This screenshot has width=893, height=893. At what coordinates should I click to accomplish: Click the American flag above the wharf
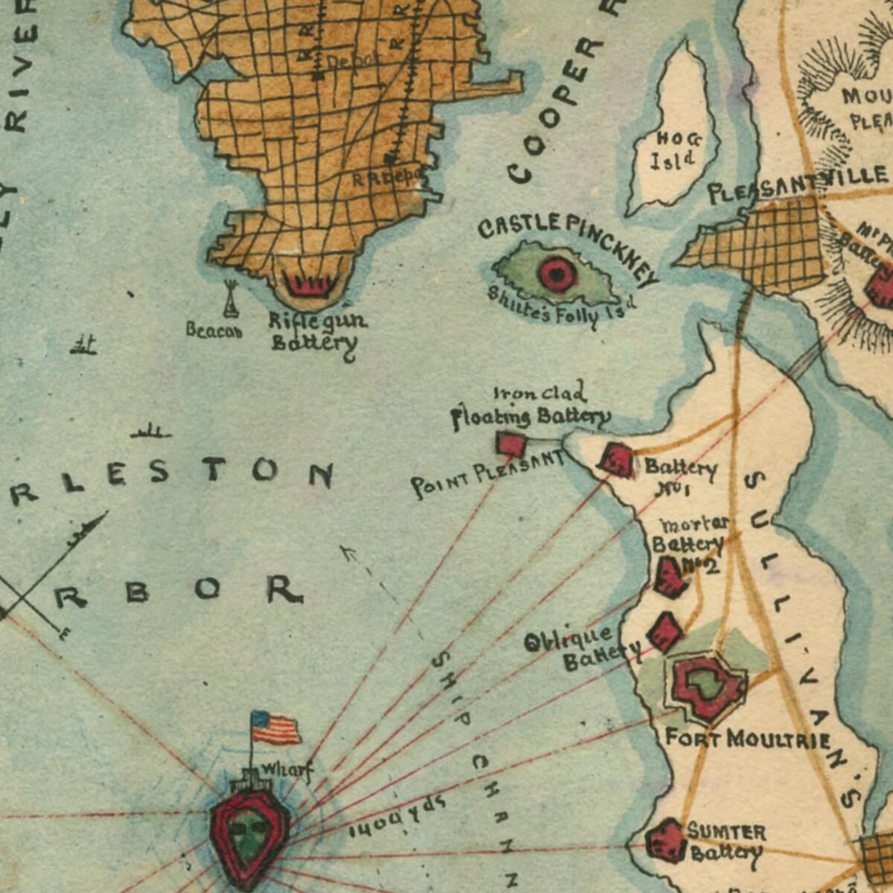pos(275,728)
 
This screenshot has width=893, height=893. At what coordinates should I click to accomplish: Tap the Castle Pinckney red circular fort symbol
pos(557,273)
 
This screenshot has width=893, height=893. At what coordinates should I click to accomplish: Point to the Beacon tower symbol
pos(231,299)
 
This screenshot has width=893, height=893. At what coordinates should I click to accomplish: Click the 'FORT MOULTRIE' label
pos(747,739)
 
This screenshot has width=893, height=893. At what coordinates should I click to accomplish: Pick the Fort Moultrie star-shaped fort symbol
pos(707,686)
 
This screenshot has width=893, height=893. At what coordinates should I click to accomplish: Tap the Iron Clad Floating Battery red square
pos(511,445)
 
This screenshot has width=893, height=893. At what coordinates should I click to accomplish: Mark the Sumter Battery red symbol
pos(665,841)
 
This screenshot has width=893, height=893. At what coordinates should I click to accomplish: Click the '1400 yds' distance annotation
pos(397,816)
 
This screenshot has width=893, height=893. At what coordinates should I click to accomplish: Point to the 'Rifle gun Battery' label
pos(316,332)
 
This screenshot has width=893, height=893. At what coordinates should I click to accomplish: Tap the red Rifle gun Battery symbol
pos(311,285)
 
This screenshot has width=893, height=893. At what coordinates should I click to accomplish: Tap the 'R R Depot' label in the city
pos(386,178)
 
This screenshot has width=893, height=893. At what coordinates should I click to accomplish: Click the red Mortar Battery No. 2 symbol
pos(670,577)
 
